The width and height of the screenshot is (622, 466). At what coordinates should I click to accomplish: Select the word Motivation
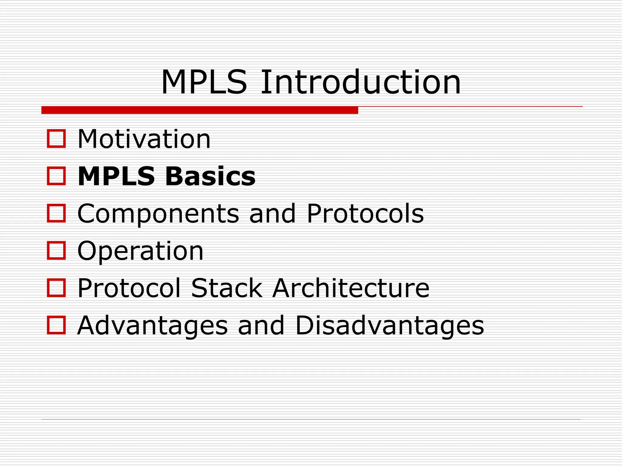pos(144,139)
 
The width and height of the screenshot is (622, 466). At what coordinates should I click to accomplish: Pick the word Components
pos(158,214)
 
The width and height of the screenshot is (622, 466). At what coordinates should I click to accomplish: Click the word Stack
pos(227,288)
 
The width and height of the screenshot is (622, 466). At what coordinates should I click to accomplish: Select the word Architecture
pos(351,288)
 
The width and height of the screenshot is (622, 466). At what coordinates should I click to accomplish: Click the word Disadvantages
pos(390,326)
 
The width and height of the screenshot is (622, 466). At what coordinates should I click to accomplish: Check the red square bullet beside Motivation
pos(56,139)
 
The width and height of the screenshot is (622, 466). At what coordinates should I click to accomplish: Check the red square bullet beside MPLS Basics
pos(56,176)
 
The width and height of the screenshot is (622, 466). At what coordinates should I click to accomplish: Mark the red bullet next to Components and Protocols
pos(56,213)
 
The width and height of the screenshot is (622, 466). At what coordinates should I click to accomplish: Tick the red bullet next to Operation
pos(56,251)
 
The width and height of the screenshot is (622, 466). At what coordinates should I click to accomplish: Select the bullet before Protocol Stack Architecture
pos(56,288)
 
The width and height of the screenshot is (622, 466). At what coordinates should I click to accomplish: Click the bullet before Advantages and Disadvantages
pos(56,325)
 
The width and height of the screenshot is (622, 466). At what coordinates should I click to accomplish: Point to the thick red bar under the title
pos(200,110)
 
